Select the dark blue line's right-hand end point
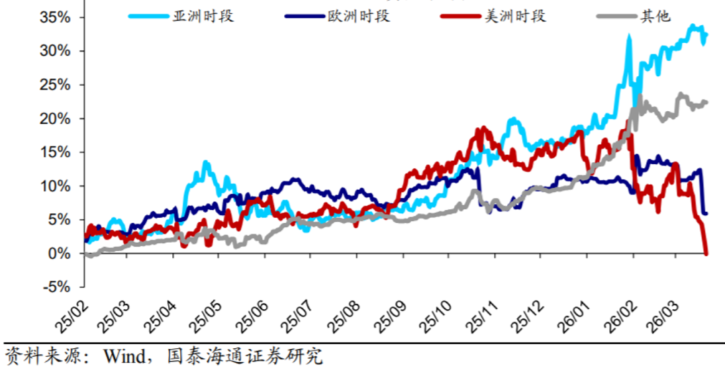click(706, 214)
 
